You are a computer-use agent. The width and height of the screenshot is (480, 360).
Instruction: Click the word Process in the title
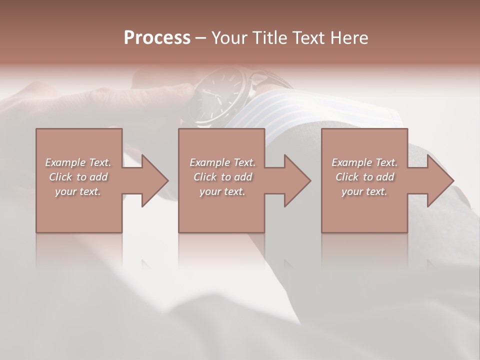point(157,38)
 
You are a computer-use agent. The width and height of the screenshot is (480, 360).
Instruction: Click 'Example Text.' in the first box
point(78,162)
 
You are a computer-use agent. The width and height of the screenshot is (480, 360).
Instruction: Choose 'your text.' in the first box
point(78,191)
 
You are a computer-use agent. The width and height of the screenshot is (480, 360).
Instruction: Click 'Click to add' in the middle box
point(222,177)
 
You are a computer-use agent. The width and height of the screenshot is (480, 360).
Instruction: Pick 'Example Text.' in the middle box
point(222,162)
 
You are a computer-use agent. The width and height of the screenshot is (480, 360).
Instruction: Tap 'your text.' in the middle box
point(222,191)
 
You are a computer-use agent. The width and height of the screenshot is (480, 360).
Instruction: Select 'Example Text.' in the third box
point(364,162)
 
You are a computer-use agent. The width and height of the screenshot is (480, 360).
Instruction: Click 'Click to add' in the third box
point(364,177)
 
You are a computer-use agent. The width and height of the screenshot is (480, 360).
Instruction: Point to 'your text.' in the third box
point(364,191)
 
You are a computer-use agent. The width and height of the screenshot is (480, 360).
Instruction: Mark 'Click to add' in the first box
point(78,177)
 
